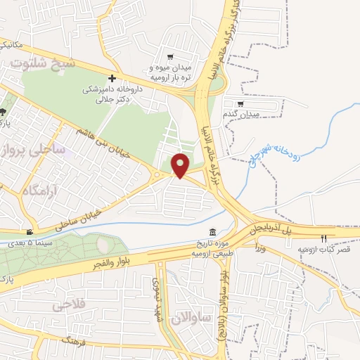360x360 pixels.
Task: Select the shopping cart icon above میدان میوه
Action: [x=170, y=57]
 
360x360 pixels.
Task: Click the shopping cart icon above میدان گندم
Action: [x=241, y=103]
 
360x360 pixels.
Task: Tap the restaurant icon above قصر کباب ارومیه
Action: [x=323, y=238]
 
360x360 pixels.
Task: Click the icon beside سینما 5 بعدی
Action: [x=30, y=233]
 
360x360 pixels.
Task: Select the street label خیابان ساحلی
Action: [x=85, y=215]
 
